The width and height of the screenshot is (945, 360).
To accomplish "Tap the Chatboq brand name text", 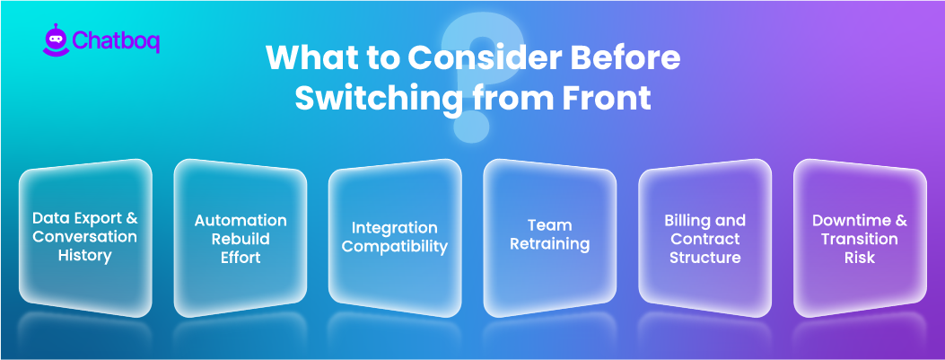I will [x=114, y=42].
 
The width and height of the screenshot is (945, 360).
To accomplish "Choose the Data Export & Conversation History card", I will [x=85, y=237].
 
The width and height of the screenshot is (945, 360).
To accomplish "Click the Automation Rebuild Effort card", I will [x=241, y=238].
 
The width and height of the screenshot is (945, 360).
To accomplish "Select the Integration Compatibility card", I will [x=395, y=238].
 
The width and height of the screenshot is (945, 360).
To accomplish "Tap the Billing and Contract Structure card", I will [x=705, y=239].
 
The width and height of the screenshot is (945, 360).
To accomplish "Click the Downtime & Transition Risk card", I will [x=860, y=238].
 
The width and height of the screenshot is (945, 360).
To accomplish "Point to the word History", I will [x=85, y=256].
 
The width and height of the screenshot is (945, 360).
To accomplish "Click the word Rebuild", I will [x=241, y=239].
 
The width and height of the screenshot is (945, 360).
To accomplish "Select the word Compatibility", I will [x=395, y=247].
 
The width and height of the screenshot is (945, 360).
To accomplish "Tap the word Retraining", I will [x=550, y=243].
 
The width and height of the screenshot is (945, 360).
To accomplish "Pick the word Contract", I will [x=705, y=239].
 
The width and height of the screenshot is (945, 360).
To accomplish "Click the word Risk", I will [x=860, y=258].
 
